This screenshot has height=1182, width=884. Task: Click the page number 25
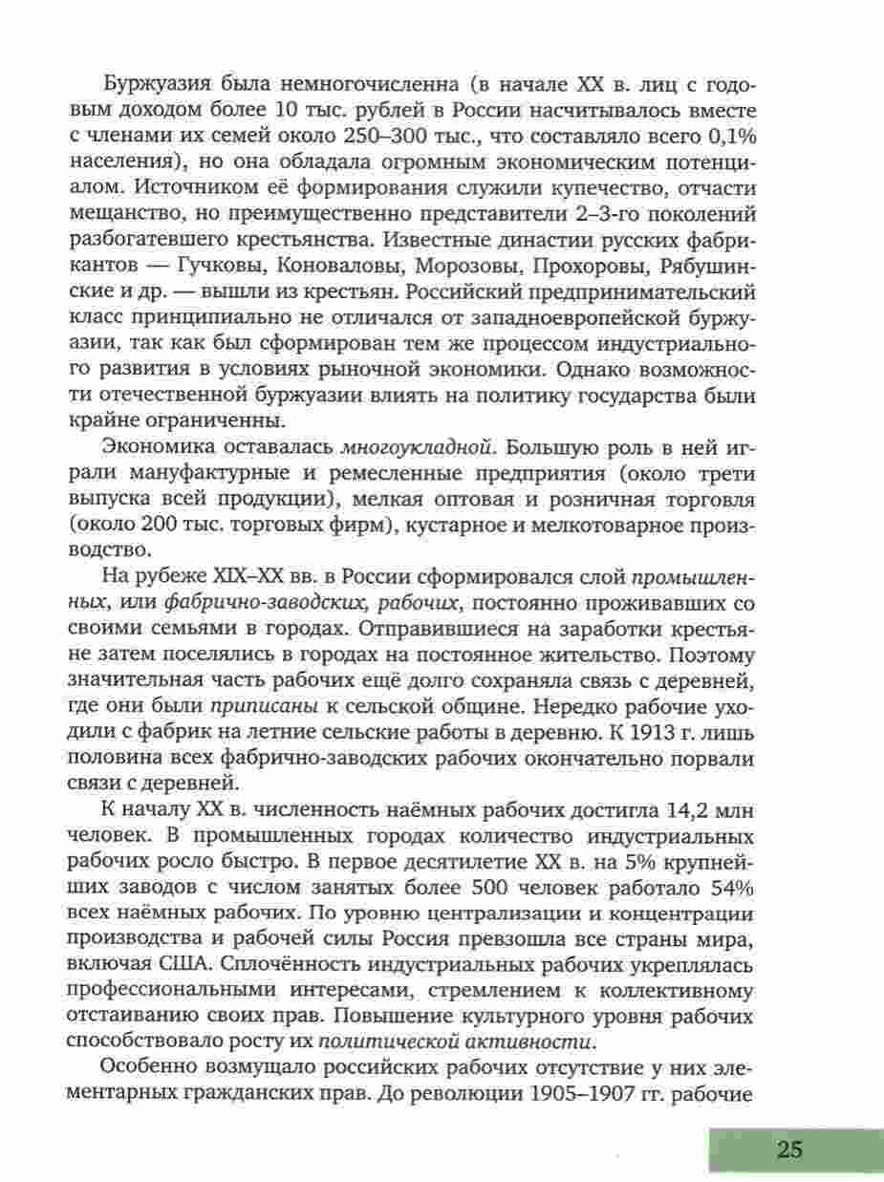point(789,1149)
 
